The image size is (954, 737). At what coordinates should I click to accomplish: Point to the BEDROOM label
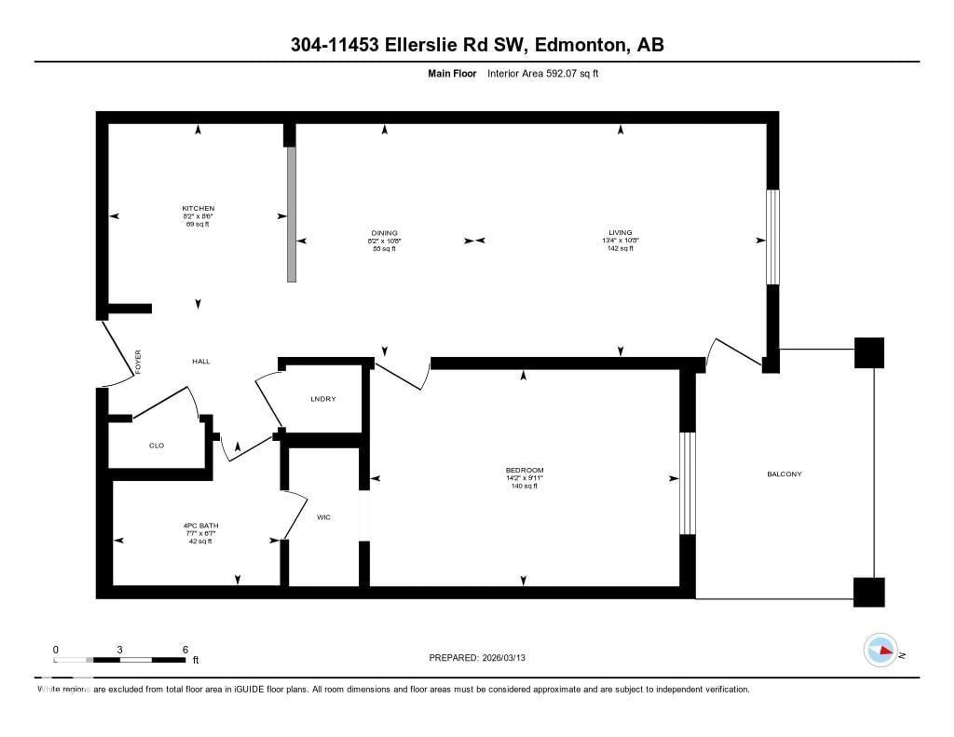[x=524, y=470]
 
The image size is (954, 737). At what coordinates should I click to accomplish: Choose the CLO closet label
[x=156, y=446]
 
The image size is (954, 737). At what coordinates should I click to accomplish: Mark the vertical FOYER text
[x=138, y=362]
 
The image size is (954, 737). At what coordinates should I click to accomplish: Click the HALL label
[x=201, y=361]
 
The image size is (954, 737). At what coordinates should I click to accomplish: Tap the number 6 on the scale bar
[x=185, y=650]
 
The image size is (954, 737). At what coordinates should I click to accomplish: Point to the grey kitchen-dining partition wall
[x=291, y=214]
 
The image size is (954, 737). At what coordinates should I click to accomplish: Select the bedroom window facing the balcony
[x=687, y=483]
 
